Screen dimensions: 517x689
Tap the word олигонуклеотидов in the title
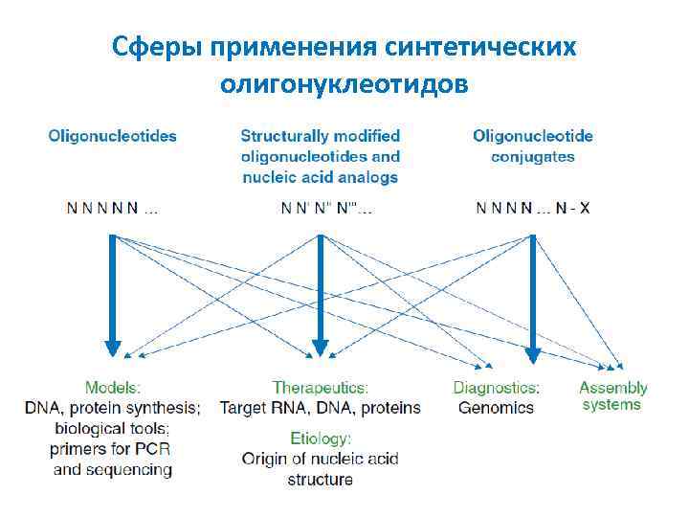(x=344, y=84)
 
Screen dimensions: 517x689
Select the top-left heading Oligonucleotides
(x=113, y=136)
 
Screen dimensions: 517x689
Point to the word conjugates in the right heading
(x=533, y=156)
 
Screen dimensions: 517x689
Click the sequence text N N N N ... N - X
(x=533, y=207)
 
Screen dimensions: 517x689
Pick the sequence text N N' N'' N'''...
(x=326, y=207)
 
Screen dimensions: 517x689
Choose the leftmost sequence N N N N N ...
(x=106, y=207)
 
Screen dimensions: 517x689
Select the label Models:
(x=113, y=388)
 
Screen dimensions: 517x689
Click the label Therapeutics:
(x=321, y=388)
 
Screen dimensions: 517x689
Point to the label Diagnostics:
(x=496, y=388)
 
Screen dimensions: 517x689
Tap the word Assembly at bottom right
(x=613, y=388)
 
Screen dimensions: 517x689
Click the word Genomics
(x=496, y=408)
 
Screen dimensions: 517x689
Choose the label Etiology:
(x=321, y=438)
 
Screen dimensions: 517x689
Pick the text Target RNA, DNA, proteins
(x=321, y=408)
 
